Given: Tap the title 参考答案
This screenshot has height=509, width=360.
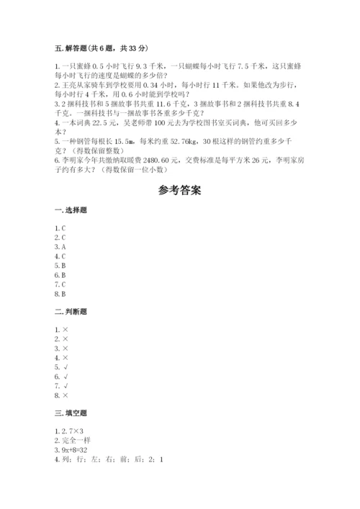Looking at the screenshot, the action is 180,192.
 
